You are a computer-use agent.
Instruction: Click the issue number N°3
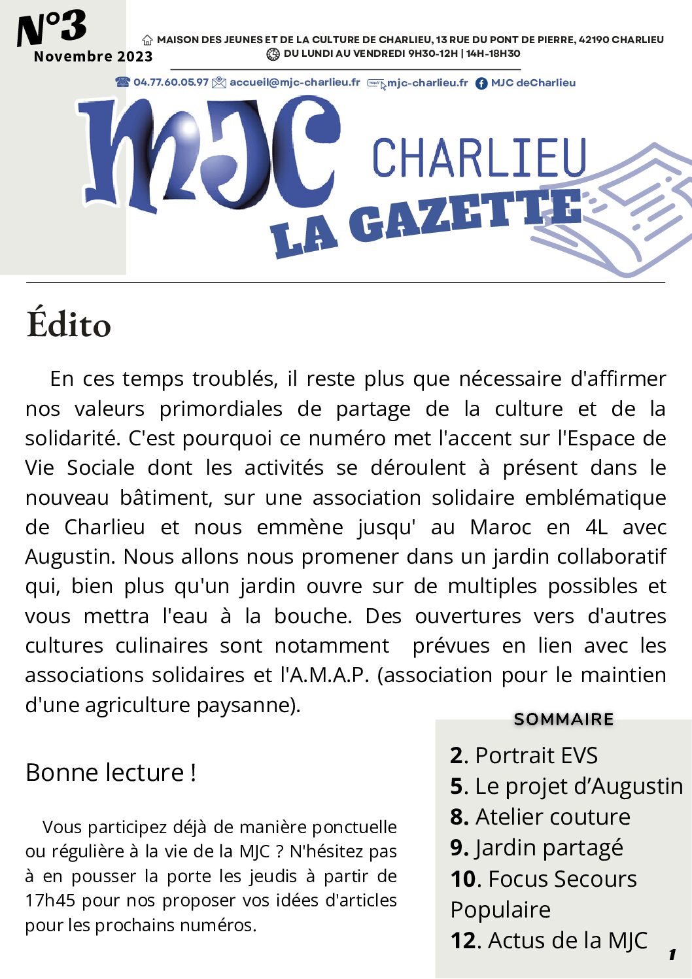click(52, 28)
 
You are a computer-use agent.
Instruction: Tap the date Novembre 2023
click(93, 57)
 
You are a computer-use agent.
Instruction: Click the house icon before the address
click(148, 41)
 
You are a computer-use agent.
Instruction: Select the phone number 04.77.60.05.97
click(171, 82)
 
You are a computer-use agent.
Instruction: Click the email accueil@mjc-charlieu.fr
click(294, 82)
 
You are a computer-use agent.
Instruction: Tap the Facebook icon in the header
click(481, 83)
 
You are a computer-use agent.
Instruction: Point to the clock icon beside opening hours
click(273, 54)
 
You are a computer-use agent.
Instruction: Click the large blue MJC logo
click(209, 157)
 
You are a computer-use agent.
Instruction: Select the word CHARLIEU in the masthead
click(479, 158)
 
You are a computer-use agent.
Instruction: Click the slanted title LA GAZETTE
click(425, 222)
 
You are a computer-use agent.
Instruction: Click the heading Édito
click(69, 324)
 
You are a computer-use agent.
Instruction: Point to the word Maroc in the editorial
click(500, 527)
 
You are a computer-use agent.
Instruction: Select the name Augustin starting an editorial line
click(71, 557)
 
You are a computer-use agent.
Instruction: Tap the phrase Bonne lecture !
click(111, 773)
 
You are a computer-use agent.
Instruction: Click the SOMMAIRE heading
click(564, 719)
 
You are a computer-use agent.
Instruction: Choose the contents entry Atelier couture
click(553, 817)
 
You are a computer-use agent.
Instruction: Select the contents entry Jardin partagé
click(549, 848)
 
